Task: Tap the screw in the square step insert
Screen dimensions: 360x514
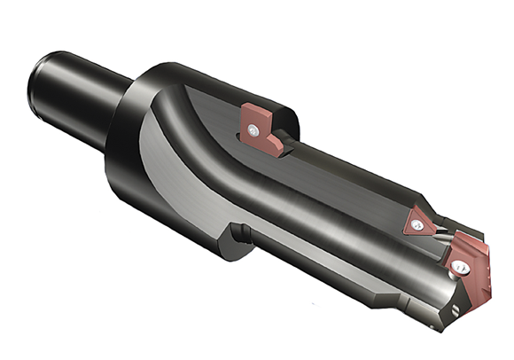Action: click(x=255, y=131)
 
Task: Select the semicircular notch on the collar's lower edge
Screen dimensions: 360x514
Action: click(x=238, y=234)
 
